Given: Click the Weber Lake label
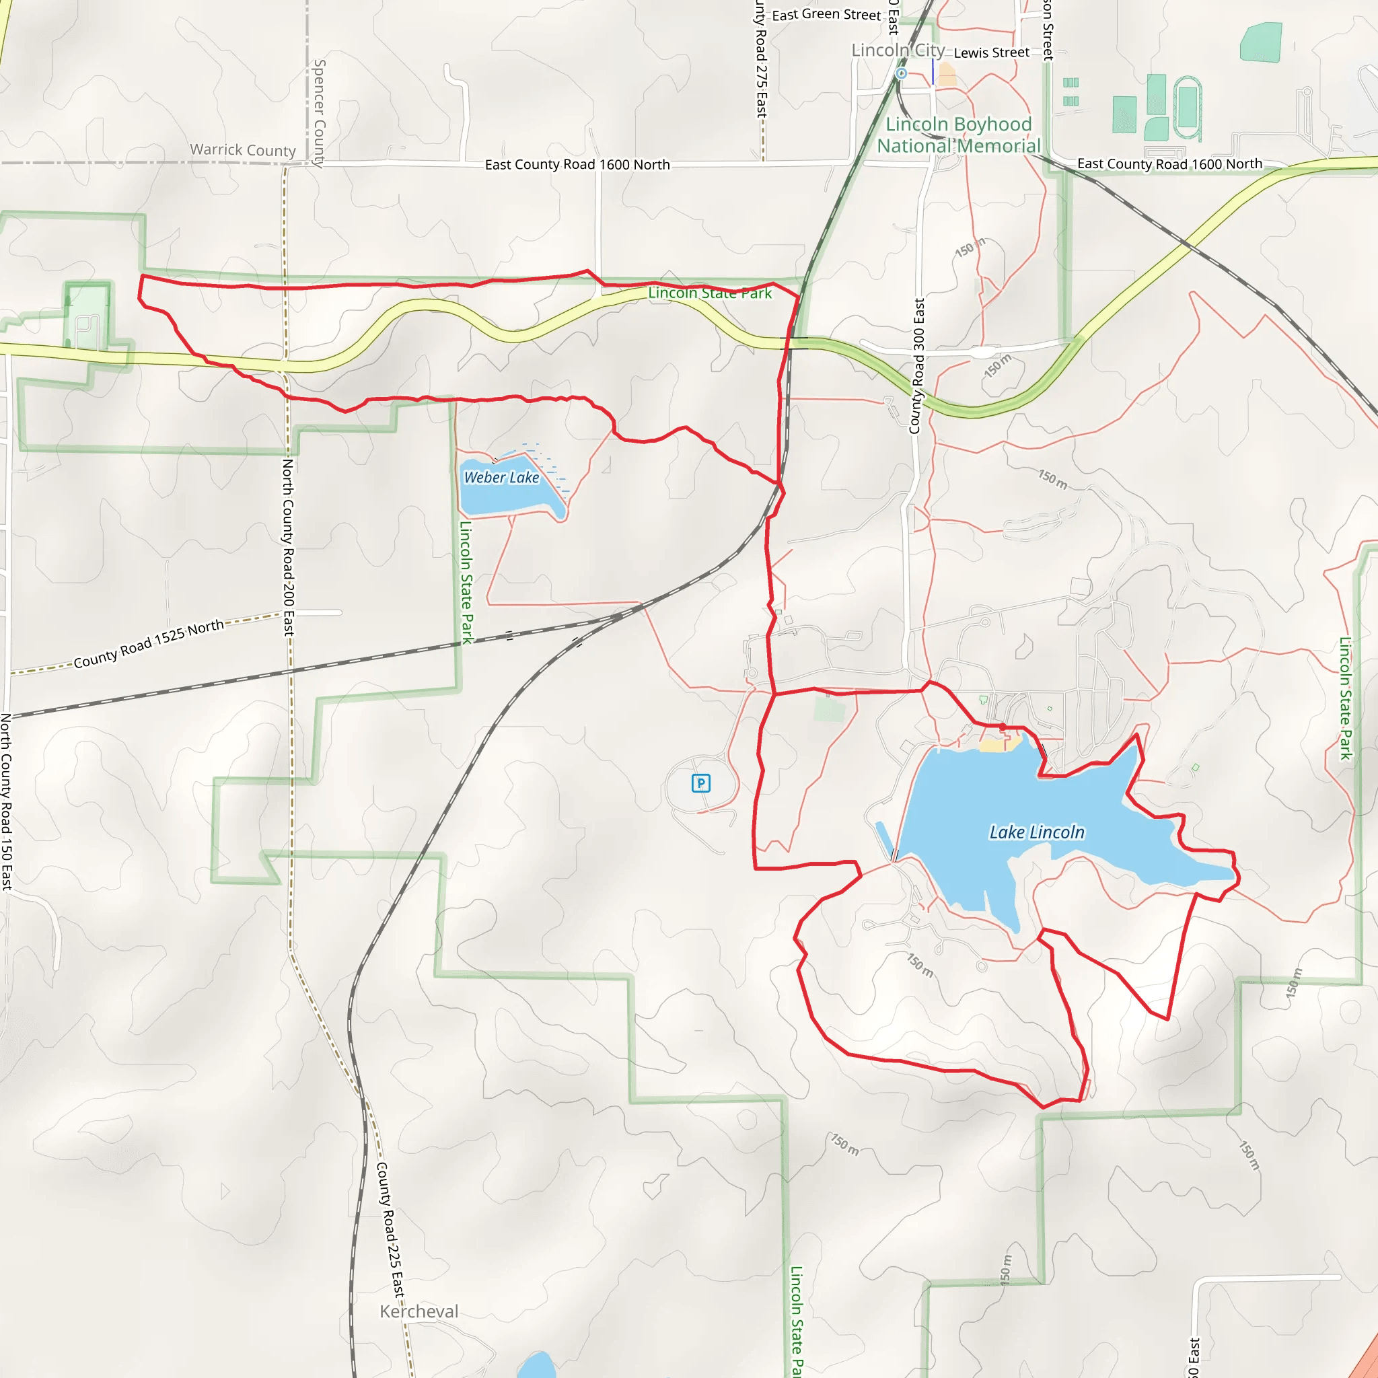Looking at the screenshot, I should tap(501, 478).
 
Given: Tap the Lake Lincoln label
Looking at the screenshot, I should tap(1036, 832).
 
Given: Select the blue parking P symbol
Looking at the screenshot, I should tap(701, 784).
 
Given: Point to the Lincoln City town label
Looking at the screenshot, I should tap(898, 50).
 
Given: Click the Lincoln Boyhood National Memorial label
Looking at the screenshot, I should tap(958, 135).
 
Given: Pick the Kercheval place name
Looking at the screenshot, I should tap(419, 1311).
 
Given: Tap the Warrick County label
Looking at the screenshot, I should tap(242, 150).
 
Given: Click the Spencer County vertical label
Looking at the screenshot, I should tap(320, 112).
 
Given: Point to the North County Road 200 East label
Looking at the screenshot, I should tap(288, 546).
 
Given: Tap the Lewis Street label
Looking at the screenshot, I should tap(990, 52).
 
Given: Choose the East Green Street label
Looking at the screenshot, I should tap(826, 15).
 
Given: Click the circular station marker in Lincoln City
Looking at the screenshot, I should tap(902, 73).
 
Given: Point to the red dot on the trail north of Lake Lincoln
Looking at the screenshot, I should tap(1002, 726).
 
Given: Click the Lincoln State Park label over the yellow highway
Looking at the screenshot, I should tap(710, 293).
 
